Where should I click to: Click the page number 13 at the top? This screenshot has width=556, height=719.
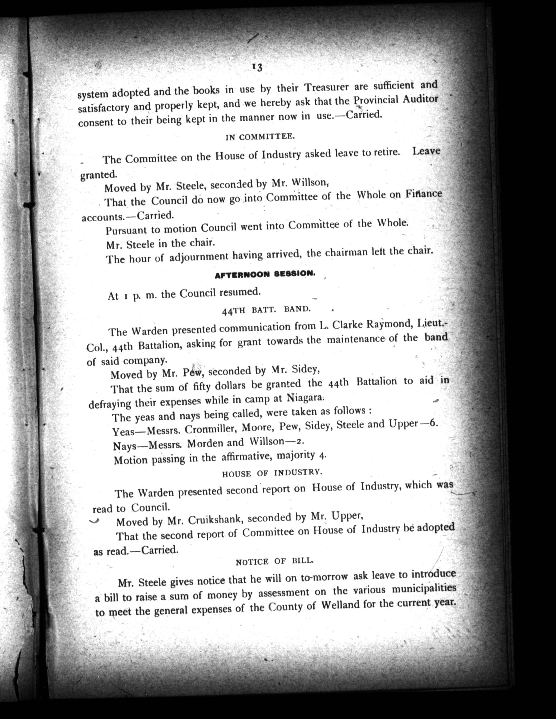[257, 67]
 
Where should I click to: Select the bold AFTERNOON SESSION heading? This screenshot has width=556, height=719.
[265, 274]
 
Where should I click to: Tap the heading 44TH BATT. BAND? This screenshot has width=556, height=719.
[266, 310]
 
